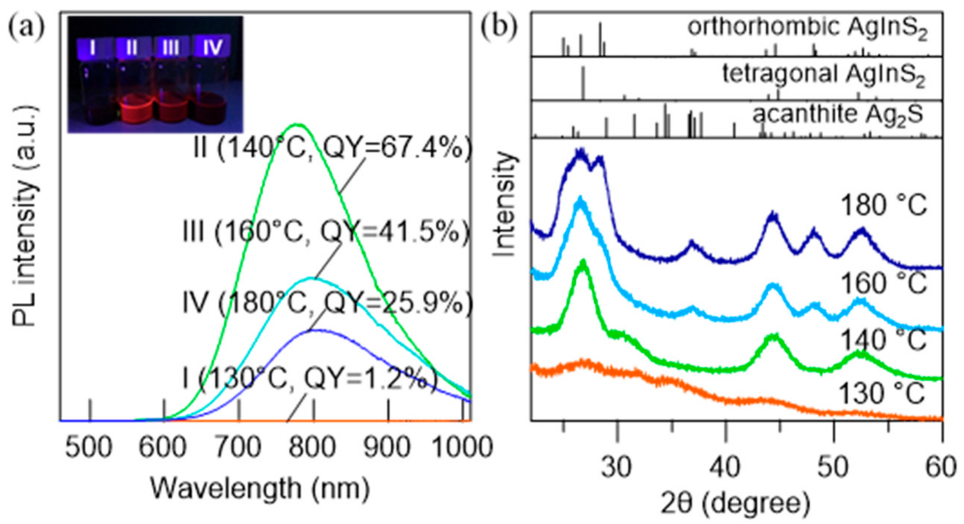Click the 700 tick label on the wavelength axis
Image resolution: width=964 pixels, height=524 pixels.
coord(239,447)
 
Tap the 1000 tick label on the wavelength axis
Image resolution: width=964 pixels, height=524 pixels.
coord(461,447)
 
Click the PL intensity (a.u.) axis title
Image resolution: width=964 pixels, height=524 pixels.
coord(25,217)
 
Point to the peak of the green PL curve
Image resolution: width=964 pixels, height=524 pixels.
coord(296,124)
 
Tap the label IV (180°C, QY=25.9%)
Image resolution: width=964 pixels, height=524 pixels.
coord(328,303)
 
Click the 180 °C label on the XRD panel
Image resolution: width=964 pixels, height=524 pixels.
coord(883,206)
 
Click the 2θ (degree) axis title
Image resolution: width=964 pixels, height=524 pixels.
coord(735,503)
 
